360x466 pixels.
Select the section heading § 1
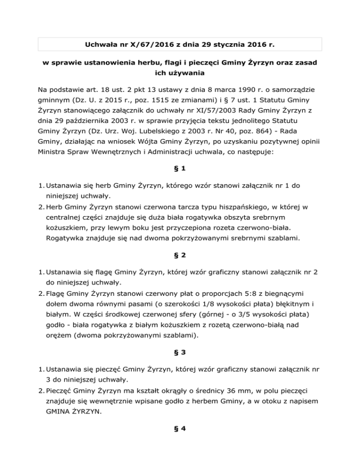(x=180, y=181)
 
